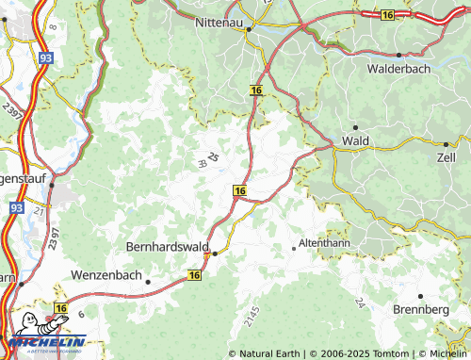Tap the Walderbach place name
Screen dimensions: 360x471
[400, 69]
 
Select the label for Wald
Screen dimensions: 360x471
[356, 140]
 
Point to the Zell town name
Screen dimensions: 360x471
[447, 158]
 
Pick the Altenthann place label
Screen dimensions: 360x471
[325, 243]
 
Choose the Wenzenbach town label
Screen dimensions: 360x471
[106, 277]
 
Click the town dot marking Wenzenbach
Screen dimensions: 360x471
[148, 282]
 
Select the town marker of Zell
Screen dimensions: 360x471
[446, 144]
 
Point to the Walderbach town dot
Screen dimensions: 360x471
[399, 55]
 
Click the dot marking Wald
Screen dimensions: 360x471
[355, 126]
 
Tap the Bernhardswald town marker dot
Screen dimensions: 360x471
[215, 254]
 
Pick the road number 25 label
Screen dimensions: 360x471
[213, 157]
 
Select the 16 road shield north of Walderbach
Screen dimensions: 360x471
[388, 14]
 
